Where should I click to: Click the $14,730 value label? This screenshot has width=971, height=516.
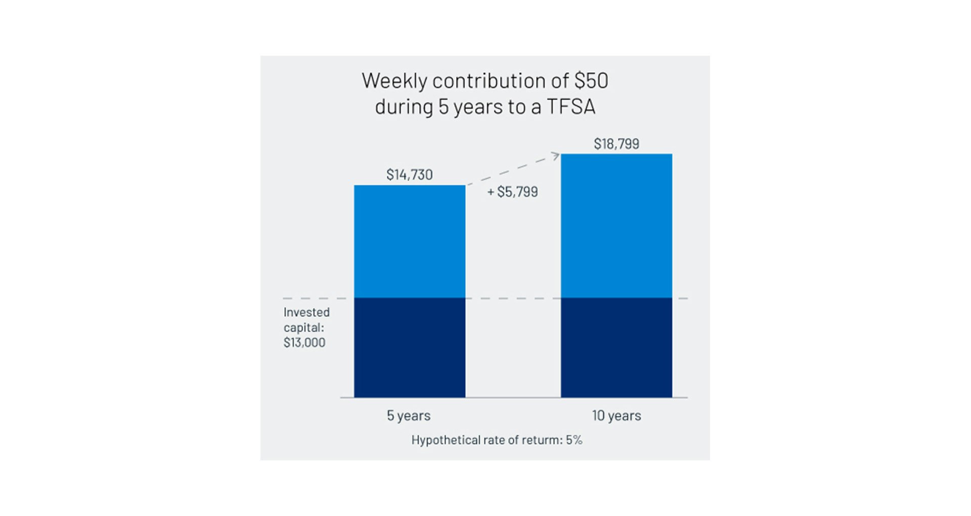[x=409, y=175]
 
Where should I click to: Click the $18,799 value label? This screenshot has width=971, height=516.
[x=616, y=144]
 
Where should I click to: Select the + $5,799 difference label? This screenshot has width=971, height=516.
[x=512, y=192]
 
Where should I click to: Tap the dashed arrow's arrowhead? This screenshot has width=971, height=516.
[x=556, y=156]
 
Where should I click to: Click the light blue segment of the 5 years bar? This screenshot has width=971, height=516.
[x=409, y=241]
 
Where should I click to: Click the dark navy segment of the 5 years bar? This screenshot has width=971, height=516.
[x=409, y=348]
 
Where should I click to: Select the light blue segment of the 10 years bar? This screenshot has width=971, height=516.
[x=616, y=226]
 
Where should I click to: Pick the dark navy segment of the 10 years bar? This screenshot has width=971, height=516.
[x=616, y=348]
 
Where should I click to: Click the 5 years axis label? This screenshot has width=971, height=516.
[x=408, y=416]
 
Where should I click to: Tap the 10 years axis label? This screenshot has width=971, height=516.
[x=616, y=416]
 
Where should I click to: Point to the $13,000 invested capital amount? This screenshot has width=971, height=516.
[x=304, y=342]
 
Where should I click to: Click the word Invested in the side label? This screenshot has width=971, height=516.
[x=306, y=312]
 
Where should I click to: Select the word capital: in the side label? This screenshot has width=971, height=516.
[x=303, y=327]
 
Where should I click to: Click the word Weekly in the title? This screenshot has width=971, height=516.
[x=394, y=81]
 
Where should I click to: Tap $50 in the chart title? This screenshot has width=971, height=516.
[x=591, y=81]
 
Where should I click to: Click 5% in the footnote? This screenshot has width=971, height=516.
[x=573, y=440]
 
